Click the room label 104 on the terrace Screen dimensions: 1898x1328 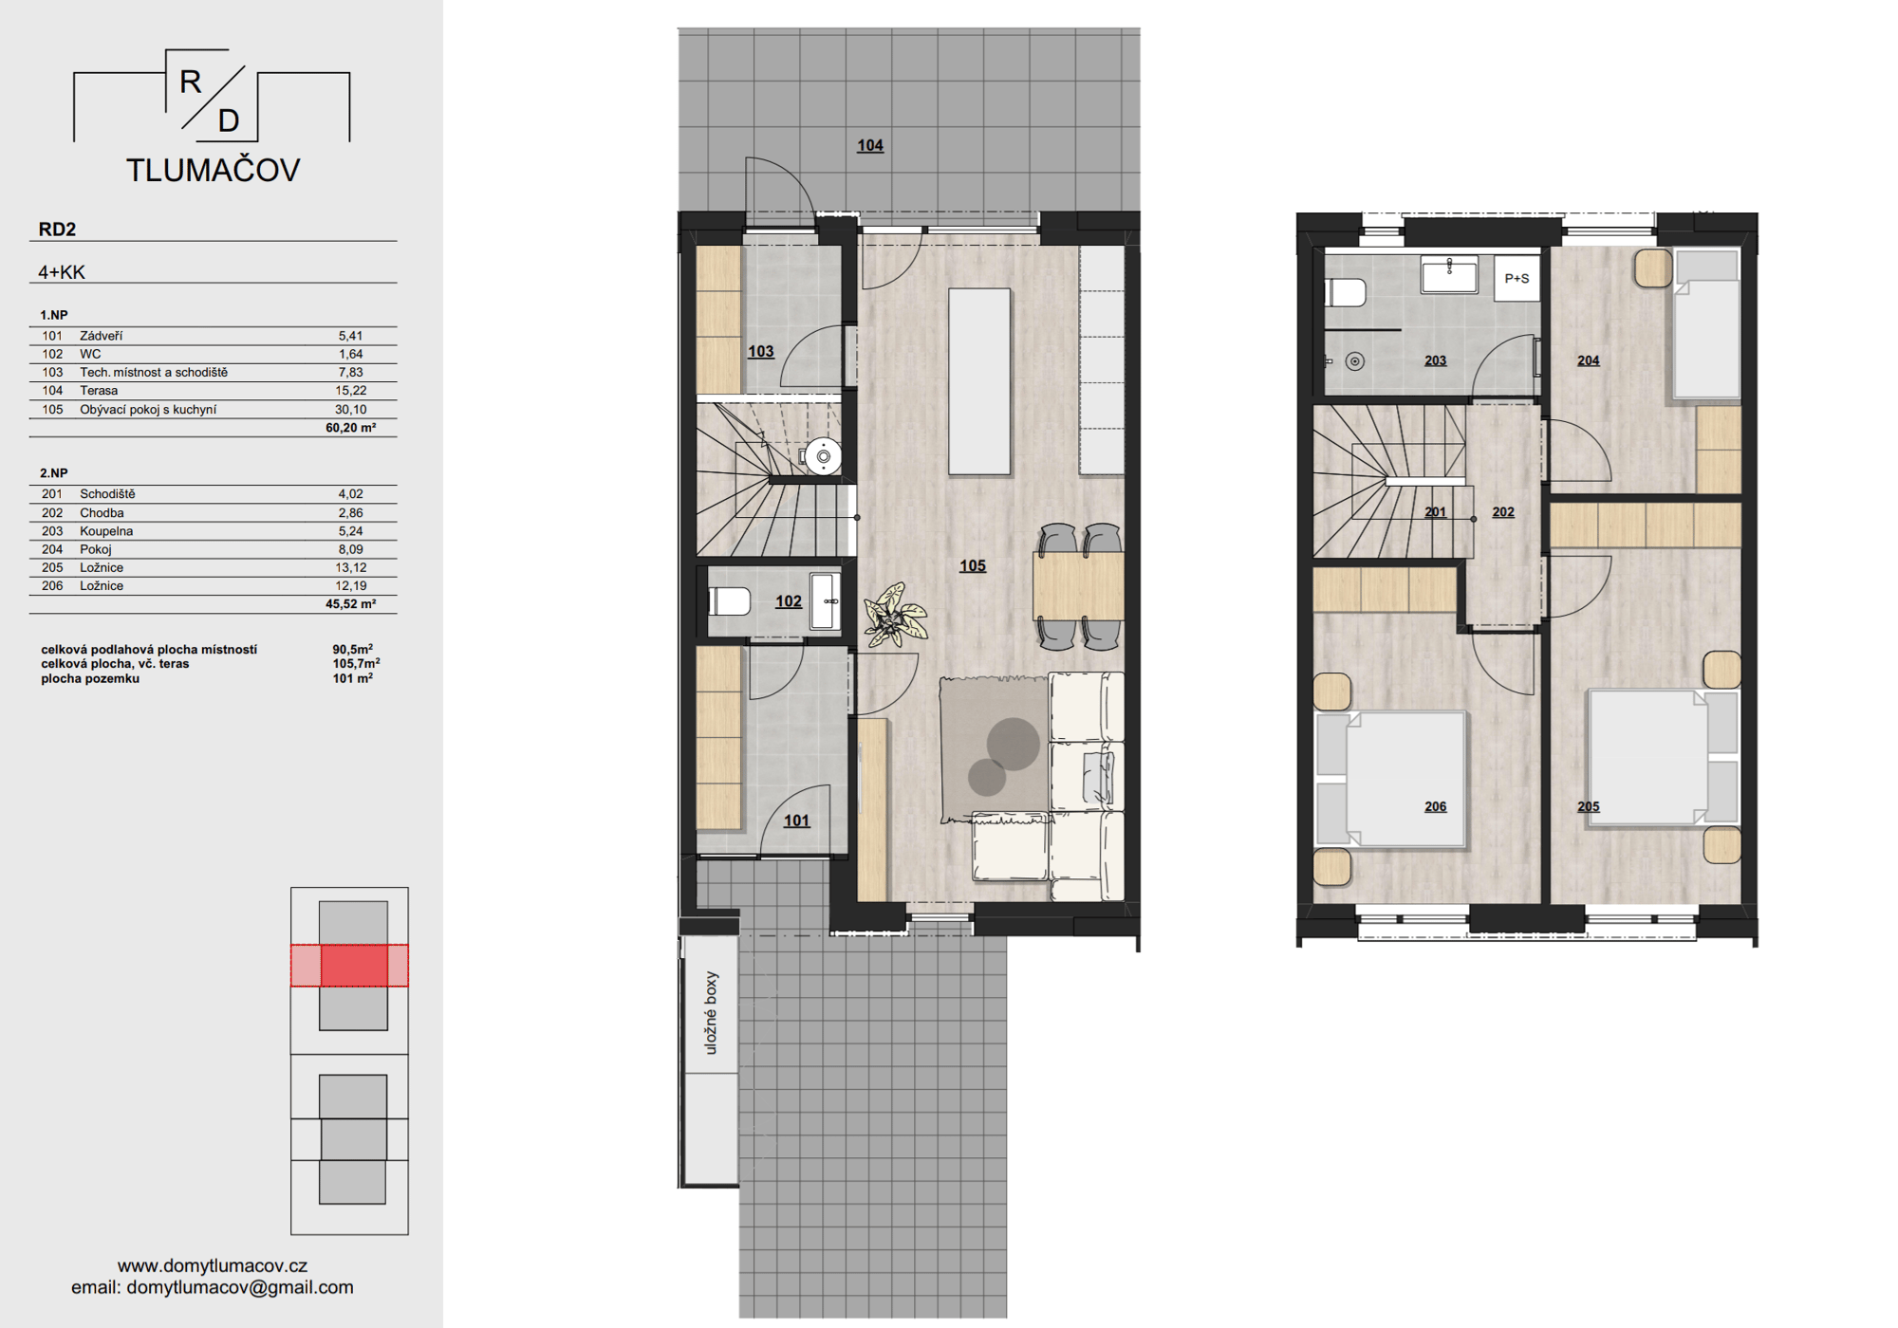(870, 145)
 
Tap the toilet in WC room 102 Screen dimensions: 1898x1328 (729, 600)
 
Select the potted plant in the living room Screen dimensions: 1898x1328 (894, 615)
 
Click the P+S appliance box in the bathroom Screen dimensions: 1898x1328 (1517, 278)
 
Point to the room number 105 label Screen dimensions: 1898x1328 (973, 565)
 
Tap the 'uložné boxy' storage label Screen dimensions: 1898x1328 (711, 1012)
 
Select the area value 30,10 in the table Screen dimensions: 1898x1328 (350, 410)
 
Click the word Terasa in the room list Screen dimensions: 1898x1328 (99, 391)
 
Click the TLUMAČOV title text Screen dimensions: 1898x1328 (214, 170)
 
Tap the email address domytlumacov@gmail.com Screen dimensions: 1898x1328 (240, 1287)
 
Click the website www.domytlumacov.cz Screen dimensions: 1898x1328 (213, 1265)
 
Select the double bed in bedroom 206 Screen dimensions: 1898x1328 (1391, 778)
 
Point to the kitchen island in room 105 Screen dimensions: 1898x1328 (979, 381)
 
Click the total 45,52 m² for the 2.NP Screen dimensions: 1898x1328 (350, 603)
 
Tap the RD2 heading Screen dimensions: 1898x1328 (57, 229)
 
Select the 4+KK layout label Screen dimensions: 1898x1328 (62, 272)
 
